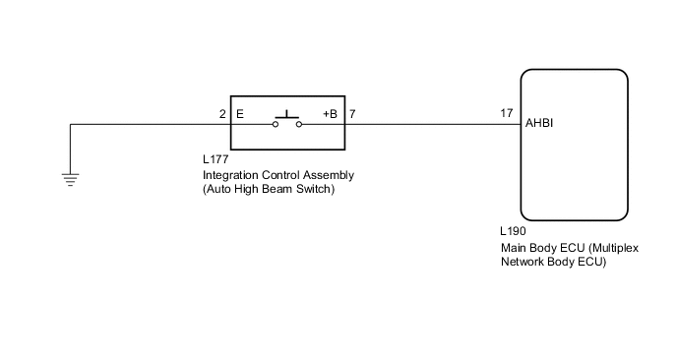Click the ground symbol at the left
coord(71,178)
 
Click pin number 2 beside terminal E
coord(222,114)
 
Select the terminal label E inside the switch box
coord(240,114)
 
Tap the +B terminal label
coord(330,114)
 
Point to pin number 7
coord(353,114)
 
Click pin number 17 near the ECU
coord(507,114)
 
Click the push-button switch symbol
coord(287,120)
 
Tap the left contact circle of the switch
coord(276,125)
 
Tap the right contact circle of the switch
coord(299,125)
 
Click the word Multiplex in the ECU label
coord(610,249)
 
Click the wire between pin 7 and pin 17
coord(433,125)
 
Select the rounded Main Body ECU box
coord(574,145)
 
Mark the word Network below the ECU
coord(523,263)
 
